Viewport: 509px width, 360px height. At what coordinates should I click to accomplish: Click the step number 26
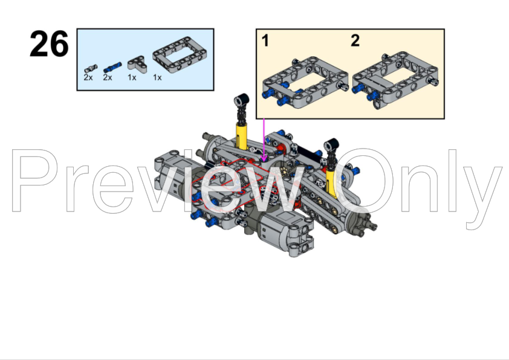[49, 45]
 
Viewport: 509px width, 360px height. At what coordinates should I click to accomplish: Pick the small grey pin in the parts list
[91, 66]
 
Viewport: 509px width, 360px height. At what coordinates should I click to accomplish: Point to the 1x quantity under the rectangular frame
[157, 78]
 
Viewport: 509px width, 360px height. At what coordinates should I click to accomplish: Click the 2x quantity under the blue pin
[108, 78]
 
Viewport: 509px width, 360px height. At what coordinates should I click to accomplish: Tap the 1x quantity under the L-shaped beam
[132, 78]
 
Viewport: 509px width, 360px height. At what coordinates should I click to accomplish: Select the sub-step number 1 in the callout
[265, 41]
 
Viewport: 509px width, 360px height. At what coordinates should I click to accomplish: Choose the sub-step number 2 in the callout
[355, 41]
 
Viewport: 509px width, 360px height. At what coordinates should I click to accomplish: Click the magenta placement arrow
[264, 139]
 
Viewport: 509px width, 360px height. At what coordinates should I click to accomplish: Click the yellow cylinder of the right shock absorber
[331, 181]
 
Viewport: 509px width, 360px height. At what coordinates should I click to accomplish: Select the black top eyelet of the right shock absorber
[330, 145]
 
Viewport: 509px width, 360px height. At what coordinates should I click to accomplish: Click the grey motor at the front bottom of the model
[284, 233]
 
